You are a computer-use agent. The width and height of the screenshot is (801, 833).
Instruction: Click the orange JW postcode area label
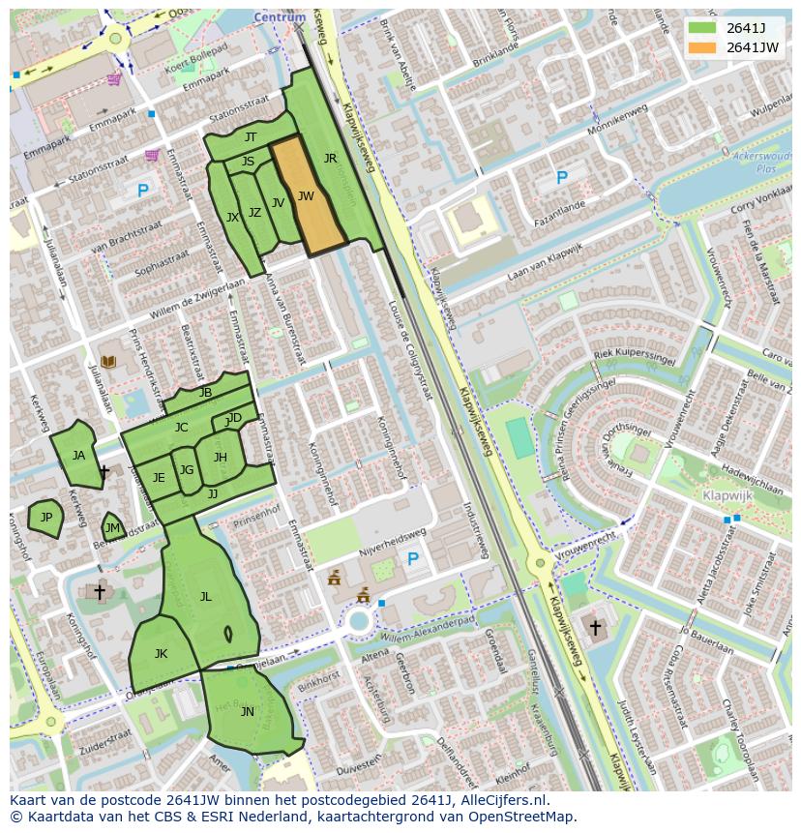(306, 196)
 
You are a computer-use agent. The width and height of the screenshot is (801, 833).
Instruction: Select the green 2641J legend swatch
(702, 28)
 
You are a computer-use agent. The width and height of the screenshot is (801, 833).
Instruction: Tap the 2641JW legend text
(752, 47)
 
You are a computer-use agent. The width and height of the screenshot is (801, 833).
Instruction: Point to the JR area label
(330, 159)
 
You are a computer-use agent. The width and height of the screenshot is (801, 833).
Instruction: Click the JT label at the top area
(251, 137)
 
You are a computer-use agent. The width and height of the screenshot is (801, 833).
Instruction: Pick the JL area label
(205, 597)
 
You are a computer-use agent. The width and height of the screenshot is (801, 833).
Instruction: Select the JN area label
(247, 712)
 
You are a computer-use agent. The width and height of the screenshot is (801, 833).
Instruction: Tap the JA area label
(78, 456)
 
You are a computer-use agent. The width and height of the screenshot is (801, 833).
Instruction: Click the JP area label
(45, 518)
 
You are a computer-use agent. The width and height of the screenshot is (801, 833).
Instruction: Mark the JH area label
(221, 458)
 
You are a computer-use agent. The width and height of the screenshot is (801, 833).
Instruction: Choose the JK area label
(161, 654)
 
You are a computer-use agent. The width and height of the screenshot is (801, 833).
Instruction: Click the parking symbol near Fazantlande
(562, 178)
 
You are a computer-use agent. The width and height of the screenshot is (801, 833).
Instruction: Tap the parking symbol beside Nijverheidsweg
(413, 559)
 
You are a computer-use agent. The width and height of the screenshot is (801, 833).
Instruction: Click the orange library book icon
(108, 362)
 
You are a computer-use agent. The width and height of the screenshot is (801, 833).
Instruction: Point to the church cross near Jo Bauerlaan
(595, 628)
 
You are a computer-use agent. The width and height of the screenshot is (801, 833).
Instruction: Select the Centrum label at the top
(280, 17)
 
